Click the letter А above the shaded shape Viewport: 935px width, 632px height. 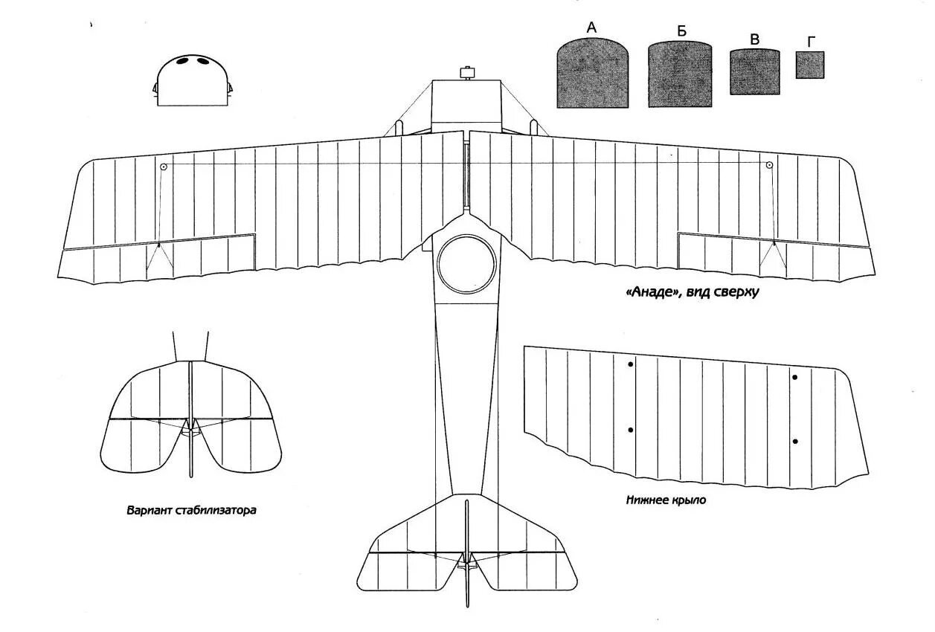point(592,28)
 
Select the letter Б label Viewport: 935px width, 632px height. point(681,31)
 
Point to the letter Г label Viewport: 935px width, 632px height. point(810,42)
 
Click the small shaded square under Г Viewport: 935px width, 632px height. point(810,65)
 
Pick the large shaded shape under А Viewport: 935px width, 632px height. point(592,74)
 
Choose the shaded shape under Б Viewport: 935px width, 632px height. point(679,74)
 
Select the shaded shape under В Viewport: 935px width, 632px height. point(755,72)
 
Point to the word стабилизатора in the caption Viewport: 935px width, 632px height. point(216,511)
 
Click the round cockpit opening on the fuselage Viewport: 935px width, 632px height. point(466,264)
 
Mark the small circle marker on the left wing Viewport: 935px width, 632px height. point(164,166)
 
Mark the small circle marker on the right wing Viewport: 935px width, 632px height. point(769,165)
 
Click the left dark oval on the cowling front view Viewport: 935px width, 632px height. point(182,61)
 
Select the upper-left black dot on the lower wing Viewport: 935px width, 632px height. point(631,364)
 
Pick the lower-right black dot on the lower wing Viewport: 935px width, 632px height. point(795,442)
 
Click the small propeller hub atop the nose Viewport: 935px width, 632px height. point(467,73)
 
